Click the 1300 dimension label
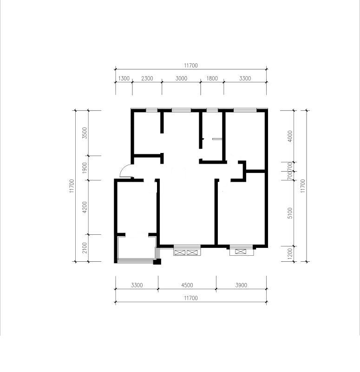(x=124, y=78)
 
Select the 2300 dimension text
(x=147, y=78)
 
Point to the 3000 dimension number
(x=181, y=78)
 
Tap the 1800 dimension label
(x=212, y=78)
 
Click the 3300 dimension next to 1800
(x=245, y=78)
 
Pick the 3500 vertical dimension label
(x=85, y=133)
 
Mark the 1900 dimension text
(x=85, y=168)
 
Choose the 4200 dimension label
(x=85, y=207)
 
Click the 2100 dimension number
(x=85, y=248)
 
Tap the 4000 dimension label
(x=289, y=136)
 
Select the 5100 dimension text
(x=289, y=213)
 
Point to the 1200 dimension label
(x=289, y=254)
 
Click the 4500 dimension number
(x=187, y=285)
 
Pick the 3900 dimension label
(x=241, y=285)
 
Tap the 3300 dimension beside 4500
(x=137, y=285)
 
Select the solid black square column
(x=157, y=262)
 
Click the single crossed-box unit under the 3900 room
(x=241, y=252)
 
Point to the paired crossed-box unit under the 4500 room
(x=187, y=252)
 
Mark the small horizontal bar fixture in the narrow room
(x=217, y=139)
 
